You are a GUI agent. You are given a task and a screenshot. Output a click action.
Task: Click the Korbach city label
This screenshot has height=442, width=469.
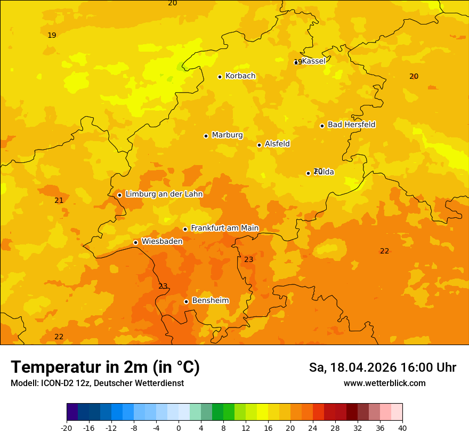coord(240,76)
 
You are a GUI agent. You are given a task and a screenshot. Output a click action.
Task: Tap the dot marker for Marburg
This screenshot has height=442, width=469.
coord(206,136)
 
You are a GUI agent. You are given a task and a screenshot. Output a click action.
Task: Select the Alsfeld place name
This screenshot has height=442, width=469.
coord(277,144)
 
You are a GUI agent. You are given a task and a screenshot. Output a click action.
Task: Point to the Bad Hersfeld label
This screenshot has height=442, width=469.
coord(351,125)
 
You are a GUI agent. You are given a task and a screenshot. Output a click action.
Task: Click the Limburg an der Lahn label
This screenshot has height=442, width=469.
coord(164,194)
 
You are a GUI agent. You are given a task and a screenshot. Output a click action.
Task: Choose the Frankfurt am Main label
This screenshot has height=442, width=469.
coord(224,228)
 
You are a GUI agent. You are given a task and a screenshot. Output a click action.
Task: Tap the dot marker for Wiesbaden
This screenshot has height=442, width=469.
coord(135,242)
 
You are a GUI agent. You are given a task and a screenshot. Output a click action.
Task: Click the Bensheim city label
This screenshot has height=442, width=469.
coord(210,301)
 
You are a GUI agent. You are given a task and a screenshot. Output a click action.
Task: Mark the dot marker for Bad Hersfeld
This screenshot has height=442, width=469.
coord(322,126)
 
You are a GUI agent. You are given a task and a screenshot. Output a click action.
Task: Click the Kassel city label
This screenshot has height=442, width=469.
coord(313,61)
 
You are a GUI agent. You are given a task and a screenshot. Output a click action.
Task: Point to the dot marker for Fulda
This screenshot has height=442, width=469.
coord(308,173)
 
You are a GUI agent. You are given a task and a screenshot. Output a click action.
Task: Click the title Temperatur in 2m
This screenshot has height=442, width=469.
coord(105,367)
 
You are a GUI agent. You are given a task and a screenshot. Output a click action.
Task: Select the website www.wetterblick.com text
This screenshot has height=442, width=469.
coord(384,383)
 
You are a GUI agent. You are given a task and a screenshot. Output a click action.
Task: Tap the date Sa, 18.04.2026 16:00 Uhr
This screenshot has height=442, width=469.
coord(382,367)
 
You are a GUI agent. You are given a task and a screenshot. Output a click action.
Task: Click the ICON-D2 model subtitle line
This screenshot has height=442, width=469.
coord(97,383)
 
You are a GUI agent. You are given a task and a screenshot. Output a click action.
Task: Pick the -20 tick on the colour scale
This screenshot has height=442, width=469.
coord(67,428)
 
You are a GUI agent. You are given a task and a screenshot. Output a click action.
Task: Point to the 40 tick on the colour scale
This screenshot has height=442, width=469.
coord(402,428)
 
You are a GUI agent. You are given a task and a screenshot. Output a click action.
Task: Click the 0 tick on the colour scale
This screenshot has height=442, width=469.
coord(179,428)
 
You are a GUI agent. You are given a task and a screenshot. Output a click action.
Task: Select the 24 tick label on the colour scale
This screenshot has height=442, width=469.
coord(313,428)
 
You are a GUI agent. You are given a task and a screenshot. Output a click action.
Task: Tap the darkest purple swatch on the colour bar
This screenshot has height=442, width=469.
coord(72,412)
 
